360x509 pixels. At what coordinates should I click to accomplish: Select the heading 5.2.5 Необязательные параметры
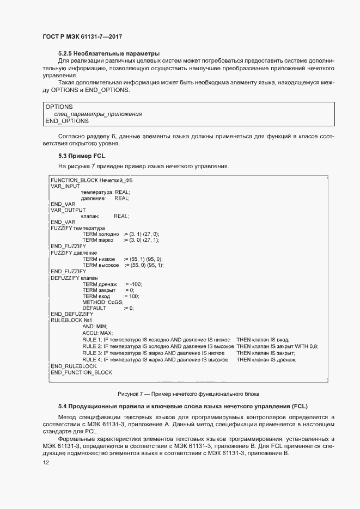[109, 54]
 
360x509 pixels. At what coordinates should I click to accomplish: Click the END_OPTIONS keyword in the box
[67, 121]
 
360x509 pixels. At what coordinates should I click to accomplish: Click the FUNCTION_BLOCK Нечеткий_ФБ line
[91, 180]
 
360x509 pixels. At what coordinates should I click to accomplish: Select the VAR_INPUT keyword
[65, 186]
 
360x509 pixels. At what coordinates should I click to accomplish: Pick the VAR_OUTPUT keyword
[68, 210]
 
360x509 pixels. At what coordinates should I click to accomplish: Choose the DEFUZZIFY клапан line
[74, 278]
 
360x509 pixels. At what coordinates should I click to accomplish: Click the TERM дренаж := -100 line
[112, 284]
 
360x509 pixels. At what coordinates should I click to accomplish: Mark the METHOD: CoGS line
[103, 302]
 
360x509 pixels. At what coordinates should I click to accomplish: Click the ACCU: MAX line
[97, 333]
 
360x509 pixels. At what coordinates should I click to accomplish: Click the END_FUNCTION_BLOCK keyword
[81, 372]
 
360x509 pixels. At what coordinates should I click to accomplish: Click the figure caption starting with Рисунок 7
[188, 394]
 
